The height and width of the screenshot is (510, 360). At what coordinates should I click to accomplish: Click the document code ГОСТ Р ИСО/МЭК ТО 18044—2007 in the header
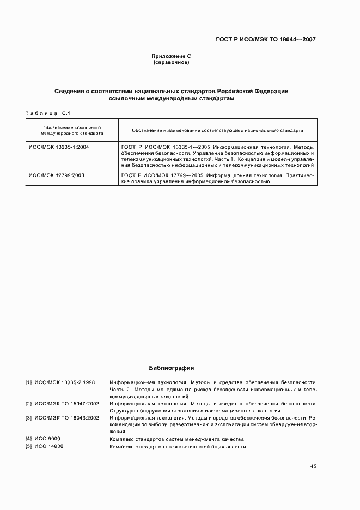[x=265, y=39]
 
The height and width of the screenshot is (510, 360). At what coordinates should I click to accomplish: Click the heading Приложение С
[x=171, y=56]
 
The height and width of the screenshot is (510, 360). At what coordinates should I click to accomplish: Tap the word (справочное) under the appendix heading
[x=171, y=62]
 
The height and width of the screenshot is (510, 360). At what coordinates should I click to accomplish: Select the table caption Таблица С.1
[x=46, y=113]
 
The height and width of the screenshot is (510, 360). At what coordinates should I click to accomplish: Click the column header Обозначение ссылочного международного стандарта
[x=71, y=130]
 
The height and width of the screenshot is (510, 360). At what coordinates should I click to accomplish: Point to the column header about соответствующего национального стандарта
[x=217, y=131]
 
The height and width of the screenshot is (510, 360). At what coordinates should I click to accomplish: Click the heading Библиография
[x=171, y=368]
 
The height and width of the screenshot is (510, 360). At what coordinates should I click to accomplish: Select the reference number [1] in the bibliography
[x=28, y=382]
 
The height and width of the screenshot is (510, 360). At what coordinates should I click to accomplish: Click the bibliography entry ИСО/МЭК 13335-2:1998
[x=64, y=382]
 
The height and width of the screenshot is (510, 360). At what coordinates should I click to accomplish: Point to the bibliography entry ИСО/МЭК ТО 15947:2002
[x=66, y=404]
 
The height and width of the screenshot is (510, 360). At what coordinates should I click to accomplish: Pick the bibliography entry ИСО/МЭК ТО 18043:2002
[x=66, y=418]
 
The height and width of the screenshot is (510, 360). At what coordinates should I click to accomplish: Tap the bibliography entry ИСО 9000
[x=47, y=439]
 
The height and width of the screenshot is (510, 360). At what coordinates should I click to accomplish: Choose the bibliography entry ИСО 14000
[x=49, y=447]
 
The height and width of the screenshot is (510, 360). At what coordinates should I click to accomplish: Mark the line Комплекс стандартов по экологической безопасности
[x=178, y=447]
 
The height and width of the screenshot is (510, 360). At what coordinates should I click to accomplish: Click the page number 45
[x=313, y=466]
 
